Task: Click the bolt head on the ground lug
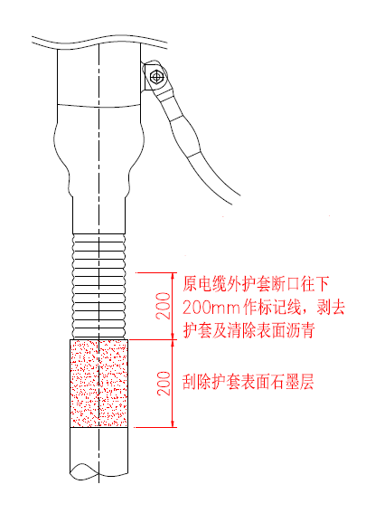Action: pyautogui.click(x=156, y=77)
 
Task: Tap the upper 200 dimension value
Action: pyautogui.click(x=164, y=306)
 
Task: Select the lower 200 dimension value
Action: pyautogui.click(x=164, y=384)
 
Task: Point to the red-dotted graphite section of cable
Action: pyautogui.click(x=99, y=384)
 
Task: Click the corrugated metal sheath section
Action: pyautogui.click(x=99, y=286)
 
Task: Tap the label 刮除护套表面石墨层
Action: pyautogui.click(x=248, y=382)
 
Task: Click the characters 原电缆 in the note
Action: pyautogui.click(x=205, y=284)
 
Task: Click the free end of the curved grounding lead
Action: pyautogui.click(x=236, y=200)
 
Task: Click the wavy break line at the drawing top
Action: pyautogui.click(x=99, y=43)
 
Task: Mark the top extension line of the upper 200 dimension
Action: pyautogui.click(x=156, y=272)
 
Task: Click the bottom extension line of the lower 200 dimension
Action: pyautogui.click(x=156, y=427)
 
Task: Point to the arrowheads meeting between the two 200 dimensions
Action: pyautogui.click(x=173, y=339)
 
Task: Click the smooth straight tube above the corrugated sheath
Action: pyautogui.click(x=99, y=215)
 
